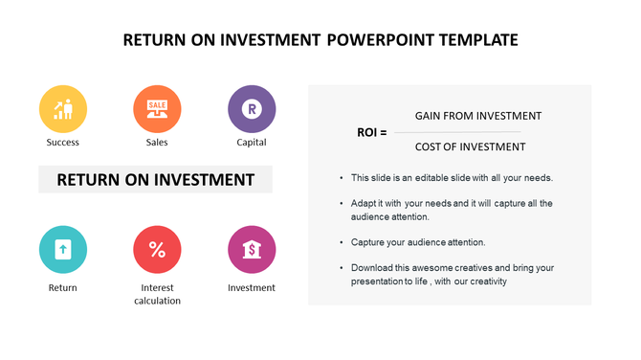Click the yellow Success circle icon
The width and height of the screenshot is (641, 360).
click(x=63, y=109)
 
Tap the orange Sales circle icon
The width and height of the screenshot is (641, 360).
click(x=157, y=109)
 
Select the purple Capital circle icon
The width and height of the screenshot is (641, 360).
click(x=252, y=109)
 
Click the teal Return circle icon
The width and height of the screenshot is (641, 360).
click(x=63, y=250)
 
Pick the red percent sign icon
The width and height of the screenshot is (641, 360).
click(x=157, y=250)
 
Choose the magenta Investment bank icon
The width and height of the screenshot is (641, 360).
click(x=252, y=250)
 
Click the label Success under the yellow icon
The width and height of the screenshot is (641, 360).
click(x=63, y=143)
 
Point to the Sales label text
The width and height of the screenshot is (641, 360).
click(x=157, y=143)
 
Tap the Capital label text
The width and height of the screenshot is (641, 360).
click(x=252, y=143)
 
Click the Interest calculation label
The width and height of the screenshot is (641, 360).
click(x=157, y=294)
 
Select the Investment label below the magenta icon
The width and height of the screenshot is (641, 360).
click(x=252, y=287)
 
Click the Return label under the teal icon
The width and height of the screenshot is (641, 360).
click(x=63, y=287)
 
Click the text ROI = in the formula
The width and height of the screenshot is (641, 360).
click(x=372, y=132)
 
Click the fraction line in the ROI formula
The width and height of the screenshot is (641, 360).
click(x=465, y=131)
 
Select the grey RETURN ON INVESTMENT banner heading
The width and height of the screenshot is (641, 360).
click(x=156, y=179)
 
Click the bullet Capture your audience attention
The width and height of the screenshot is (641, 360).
click(x=418, y=242)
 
